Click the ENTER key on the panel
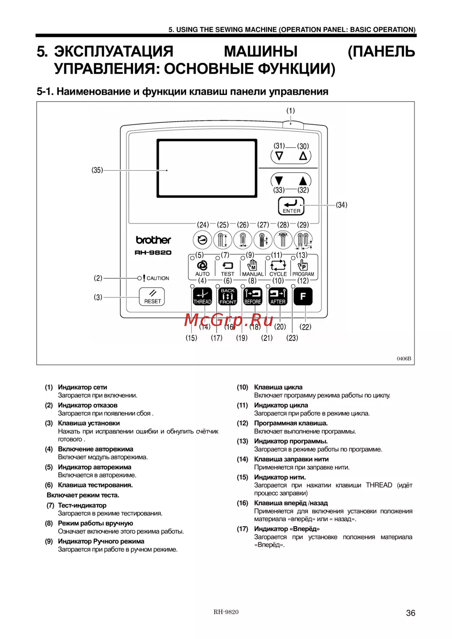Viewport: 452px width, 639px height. [x=291, y=206]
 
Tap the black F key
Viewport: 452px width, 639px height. [x=303, y=296]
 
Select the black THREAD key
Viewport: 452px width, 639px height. [x=202, y=296]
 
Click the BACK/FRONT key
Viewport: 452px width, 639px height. [x=228, y=296]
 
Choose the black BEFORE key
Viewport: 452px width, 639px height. [x=253, y=296]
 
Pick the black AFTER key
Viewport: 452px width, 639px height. [x=278, y=296]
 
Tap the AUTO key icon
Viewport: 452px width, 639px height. [x=202, y=267]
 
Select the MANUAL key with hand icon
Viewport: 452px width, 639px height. [x=253, y=267]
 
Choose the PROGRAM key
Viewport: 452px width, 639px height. [x=303, y=267]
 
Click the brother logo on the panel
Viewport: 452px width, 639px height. [x=154, y=240]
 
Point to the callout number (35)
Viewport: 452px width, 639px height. [x=97, y=170]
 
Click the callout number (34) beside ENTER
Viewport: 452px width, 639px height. [x=341, y=205]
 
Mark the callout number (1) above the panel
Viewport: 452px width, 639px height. [x=290, y=111]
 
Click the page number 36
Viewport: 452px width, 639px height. [x=410, y=613]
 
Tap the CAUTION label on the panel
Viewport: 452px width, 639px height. [x=157, y=278]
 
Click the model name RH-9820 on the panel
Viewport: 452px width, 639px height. [x=153, y=252]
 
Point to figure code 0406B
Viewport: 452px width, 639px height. [x=404, y=359]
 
